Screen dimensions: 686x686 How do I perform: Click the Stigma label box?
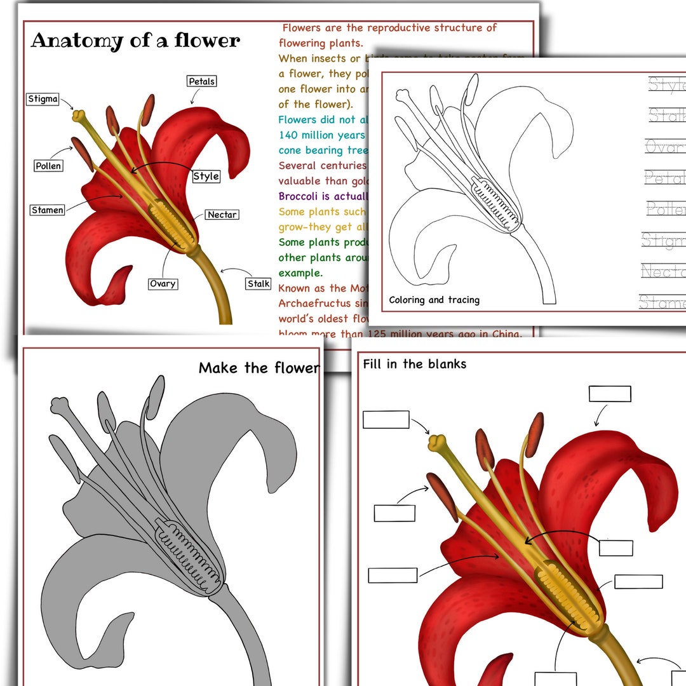click(43, 99)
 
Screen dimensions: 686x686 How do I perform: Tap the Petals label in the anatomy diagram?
click(201, 81)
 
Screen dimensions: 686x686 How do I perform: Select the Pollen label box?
click(48, 166)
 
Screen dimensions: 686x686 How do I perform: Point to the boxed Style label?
click(206, 176)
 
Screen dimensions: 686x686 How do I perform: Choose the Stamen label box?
click(48, 210)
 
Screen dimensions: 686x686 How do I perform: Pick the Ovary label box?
click(163, 283)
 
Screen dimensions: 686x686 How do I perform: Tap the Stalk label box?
click(259, 283)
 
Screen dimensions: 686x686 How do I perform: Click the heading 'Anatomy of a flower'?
click(135, 41)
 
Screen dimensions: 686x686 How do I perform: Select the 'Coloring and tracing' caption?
click(434, 300)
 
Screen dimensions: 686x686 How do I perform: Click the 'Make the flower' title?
click(259, 368)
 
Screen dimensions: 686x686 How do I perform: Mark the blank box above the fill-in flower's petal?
click(609, 394)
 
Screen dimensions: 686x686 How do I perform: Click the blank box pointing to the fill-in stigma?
click(386, 419)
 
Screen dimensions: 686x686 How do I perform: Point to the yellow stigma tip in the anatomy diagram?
click(79, 116)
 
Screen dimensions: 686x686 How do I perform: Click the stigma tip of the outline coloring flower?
click(402, 95)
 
